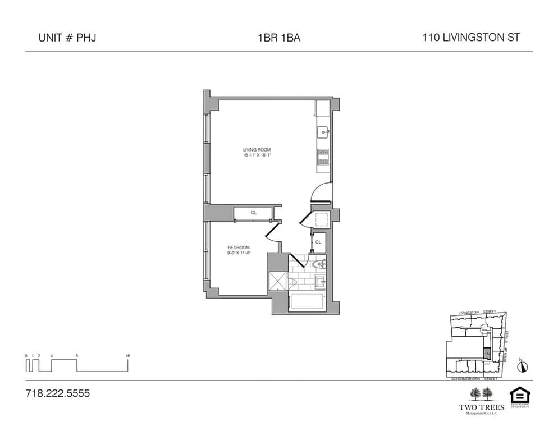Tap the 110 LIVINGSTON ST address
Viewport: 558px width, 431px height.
[471, 38]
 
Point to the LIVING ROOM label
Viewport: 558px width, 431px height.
[257, 150]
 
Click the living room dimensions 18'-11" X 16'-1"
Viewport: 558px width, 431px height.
[257, 155]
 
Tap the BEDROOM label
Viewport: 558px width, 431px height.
[238, 247]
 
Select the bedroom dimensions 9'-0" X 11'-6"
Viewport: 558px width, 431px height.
[238, 253]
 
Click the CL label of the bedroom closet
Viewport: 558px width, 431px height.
[254, 213]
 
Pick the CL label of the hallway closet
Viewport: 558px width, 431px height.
[318, 242]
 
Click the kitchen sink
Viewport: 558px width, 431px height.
[323, 132]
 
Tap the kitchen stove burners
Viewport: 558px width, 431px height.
[323, 157]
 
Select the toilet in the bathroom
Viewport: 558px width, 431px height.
[318, 263]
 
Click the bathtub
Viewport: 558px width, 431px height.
[307, 302]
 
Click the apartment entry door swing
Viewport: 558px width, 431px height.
[321, 193]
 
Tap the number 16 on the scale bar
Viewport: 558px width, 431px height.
[128, 356]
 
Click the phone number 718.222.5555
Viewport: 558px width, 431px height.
[58, 393]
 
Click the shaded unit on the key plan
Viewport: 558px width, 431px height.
[487, 354]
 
